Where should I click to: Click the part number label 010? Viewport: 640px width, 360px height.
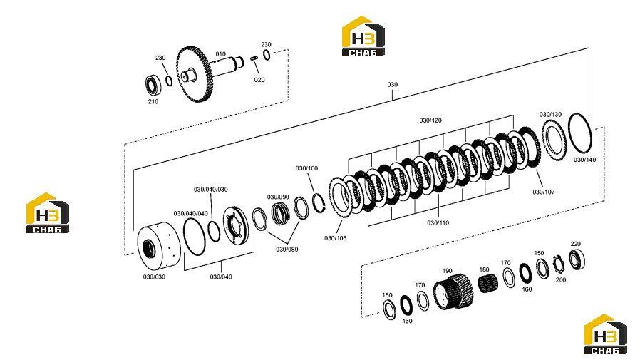(x=220, y=54)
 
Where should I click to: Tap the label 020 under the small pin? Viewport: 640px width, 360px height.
(x=259, y=80)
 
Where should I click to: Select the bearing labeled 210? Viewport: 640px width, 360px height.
(x=154, y=86)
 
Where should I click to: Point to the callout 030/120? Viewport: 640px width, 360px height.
(x=430, y=120)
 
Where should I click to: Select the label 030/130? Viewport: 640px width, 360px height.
(x=550, y=114)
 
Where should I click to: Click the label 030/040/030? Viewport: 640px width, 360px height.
(x=211, y=190)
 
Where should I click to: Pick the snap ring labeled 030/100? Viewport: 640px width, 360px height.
(x=319, y=202)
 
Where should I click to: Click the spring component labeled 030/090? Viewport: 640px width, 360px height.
(x=282, y=212)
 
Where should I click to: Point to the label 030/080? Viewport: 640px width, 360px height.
(x=287, y=249)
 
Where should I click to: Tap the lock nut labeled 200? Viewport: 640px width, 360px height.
(x=558, y=265)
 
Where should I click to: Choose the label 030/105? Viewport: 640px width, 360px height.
(x=336, y=238)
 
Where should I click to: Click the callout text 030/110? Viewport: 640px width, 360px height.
(x=438, y=223)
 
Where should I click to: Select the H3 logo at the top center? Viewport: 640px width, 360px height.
(x=363, y=36)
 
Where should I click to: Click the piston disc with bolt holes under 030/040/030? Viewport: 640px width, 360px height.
(x=234, y=222)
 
